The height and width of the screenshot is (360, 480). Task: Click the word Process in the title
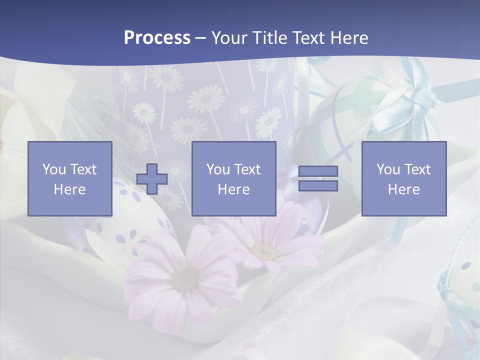click(157, 38)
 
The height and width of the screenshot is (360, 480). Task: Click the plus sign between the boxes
click(152, 179)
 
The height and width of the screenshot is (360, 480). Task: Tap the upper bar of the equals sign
click(318, 171)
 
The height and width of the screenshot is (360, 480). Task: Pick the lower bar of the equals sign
click(318, 186)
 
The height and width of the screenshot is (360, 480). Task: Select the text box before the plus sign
click(70, 178)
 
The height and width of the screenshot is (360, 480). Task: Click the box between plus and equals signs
click(233, 178)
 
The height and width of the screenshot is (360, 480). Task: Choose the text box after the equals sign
click(403, 178)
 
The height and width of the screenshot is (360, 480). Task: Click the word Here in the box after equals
click(403, 189)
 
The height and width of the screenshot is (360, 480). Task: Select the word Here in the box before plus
click(70, 189)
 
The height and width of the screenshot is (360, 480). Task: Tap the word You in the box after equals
click(388, 169)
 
